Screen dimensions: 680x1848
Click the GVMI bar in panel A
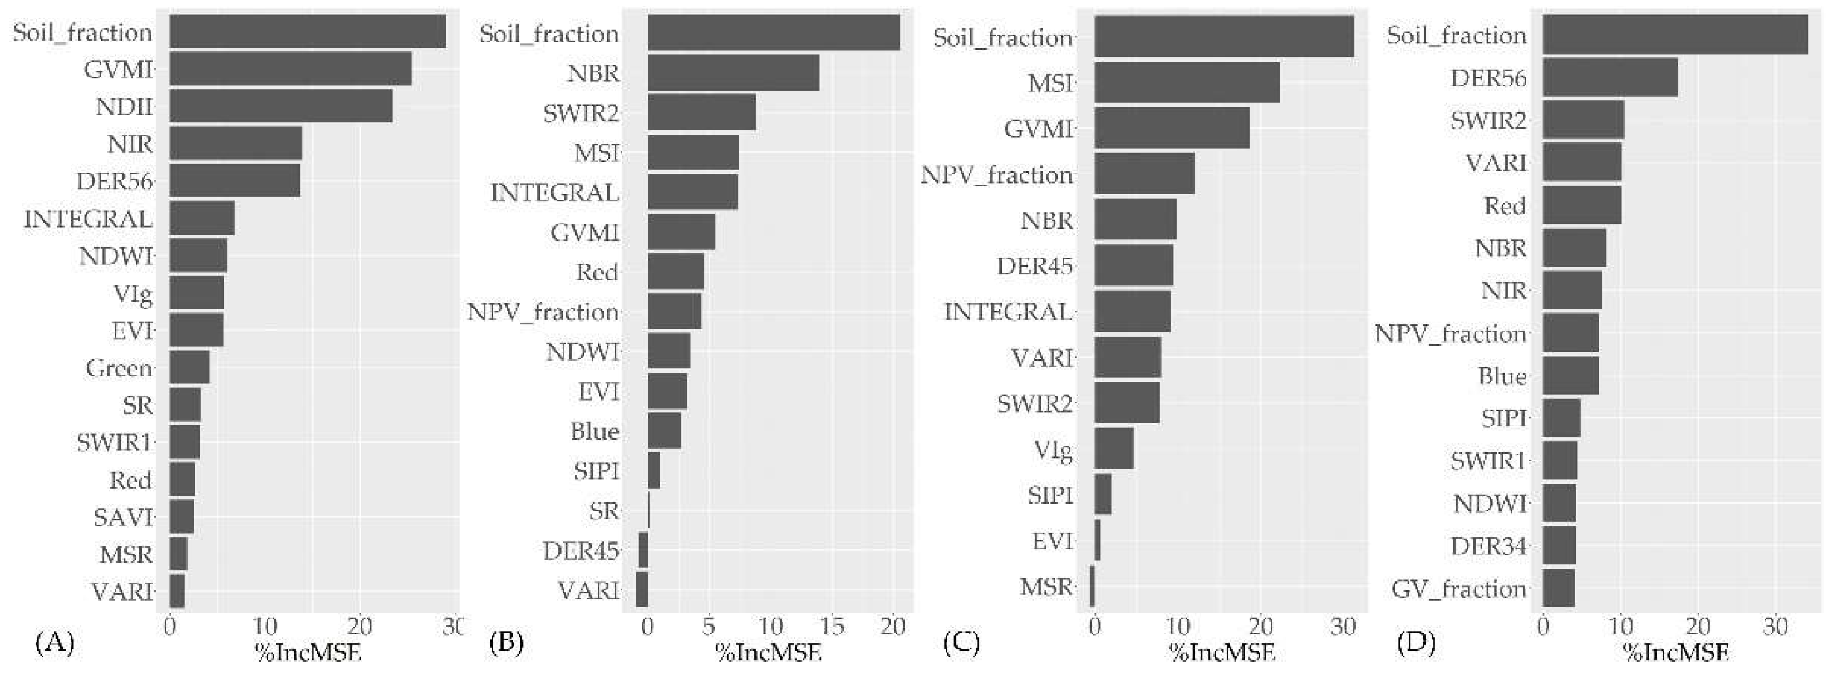tap(290, 70)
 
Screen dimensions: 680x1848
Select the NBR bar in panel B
tap(733, 73)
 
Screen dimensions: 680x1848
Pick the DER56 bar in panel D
tap(1610, 77)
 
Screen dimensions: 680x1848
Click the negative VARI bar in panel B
tap(641, 590)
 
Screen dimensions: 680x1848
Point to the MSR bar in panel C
tap(1092, 587)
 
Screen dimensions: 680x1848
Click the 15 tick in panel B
tap(832, 626)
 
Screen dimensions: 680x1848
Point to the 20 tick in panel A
tap(360, 626)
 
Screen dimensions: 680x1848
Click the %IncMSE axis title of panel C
tap(1222, 653)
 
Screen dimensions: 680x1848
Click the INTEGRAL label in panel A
tap(89, 219)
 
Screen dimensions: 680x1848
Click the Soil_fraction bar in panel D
tap(1674, 35)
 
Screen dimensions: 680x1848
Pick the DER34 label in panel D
tap(1487, 546)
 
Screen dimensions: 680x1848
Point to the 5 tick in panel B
tap(708, 626)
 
